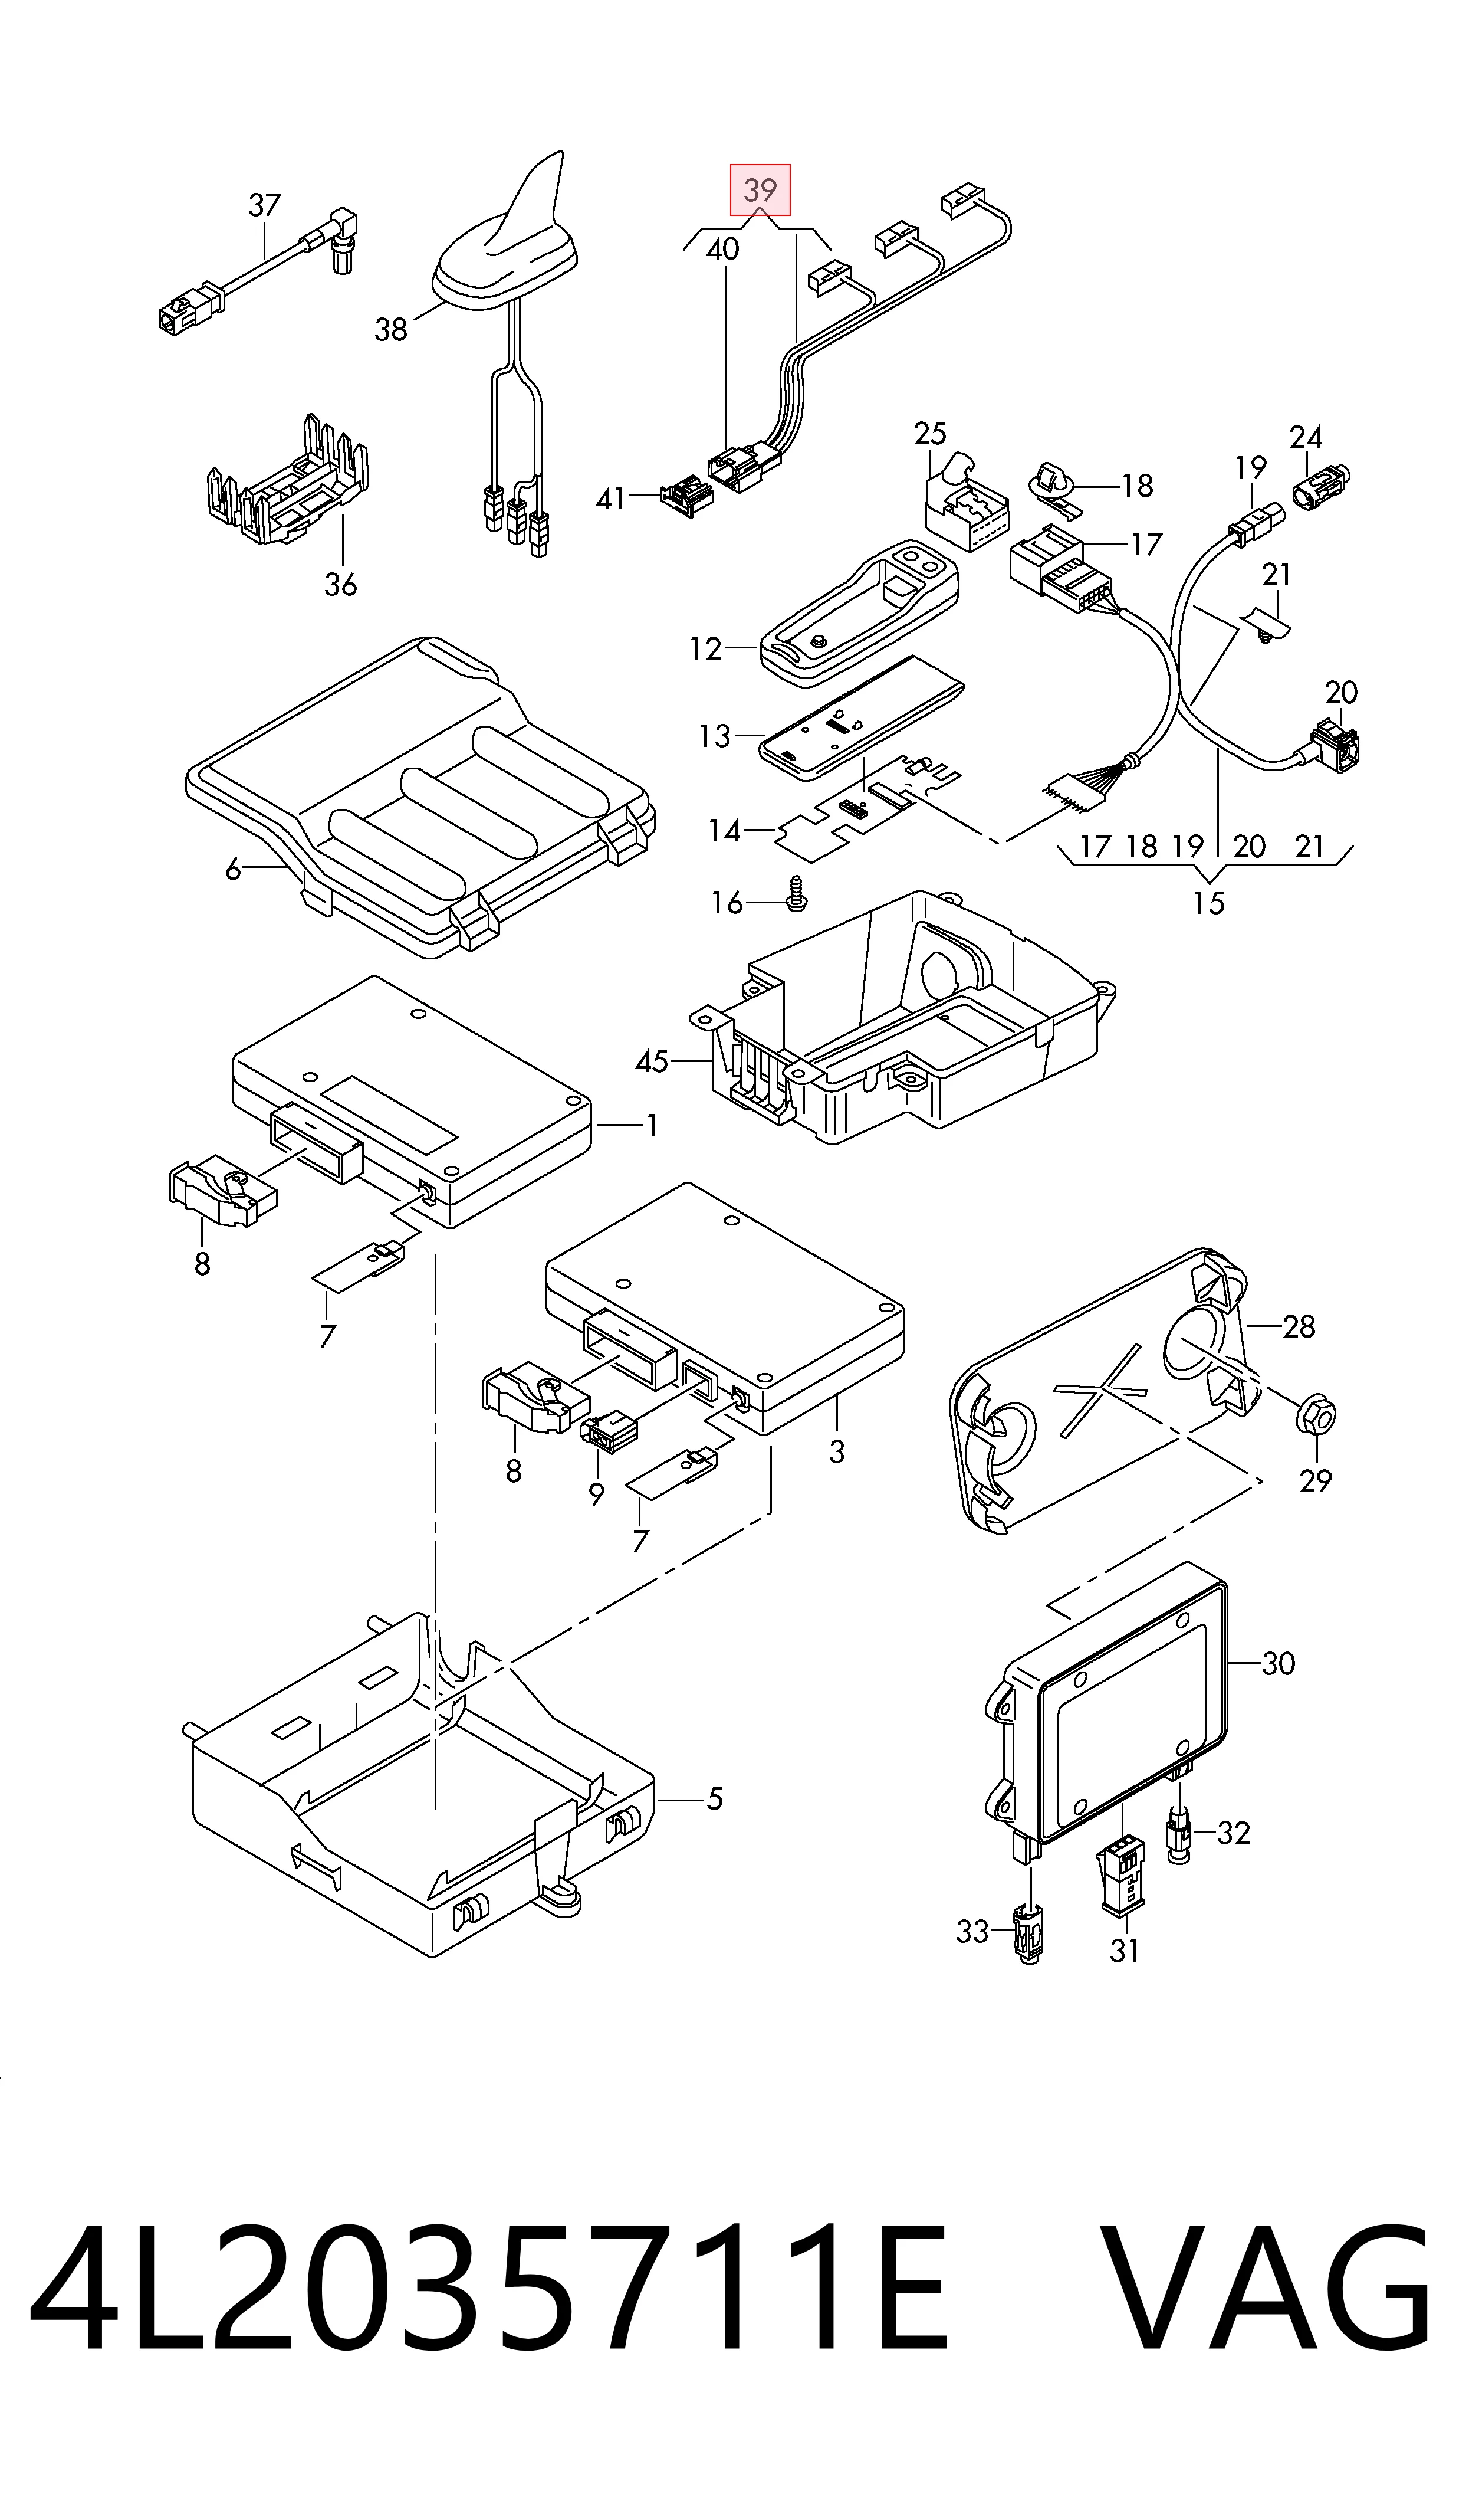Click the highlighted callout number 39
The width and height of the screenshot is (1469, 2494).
click(x=760, y=189)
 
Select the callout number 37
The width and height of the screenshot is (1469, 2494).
click(x=264, y=205)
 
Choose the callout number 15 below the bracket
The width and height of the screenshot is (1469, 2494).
click(x=1209, y=902)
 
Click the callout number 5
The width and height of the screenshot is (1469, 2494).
click(x=715, y=1797)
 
